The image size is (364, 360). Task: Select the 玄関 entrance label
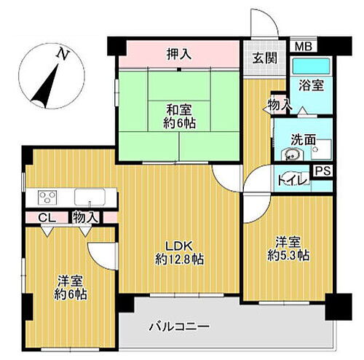coord(264,58)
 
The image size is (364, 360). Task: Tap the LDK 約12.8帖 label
coord(178,252)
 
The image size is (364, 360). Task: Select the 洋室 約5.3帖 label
coord(288,249)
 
